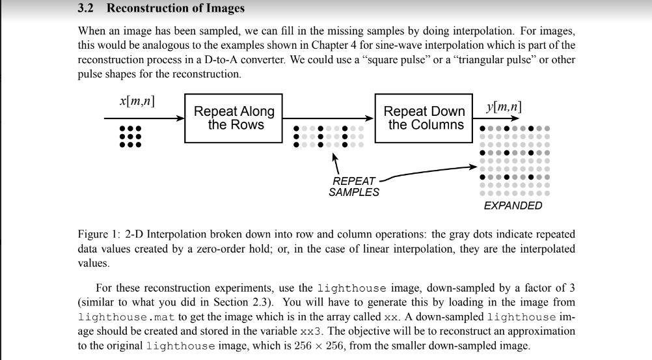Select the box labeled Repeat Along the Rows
coord(234,118)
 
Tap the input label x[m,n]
coord(137,101)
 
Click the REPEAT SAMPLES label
coord(353,186)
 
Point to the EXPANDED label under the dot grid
coord(513,206)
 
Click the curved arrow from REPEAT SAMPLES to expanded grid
coord(429,171)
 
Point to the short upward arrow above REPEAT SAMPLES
coord(335,163)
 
